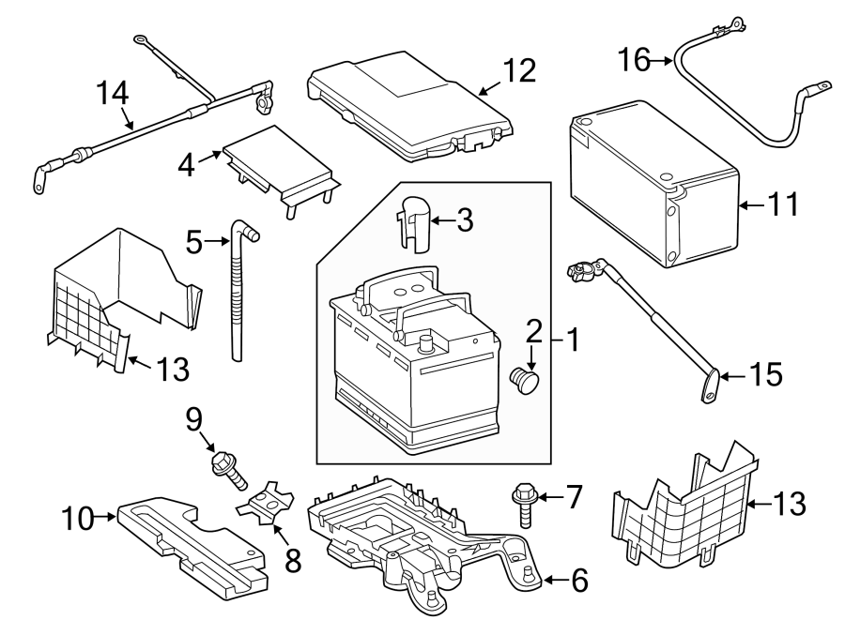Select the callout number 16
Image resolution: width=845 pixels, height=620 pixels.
point(634,61)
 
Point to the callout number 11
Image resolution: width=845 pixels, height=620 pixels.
point(783,203)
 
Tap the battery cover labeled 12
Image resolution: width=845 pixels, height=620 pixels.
point(408,103)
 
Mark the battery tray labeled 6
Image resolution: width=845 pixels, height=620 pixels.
point(422,525)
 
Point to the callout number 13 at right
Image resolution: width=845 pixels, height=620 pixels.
point(791,504)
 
